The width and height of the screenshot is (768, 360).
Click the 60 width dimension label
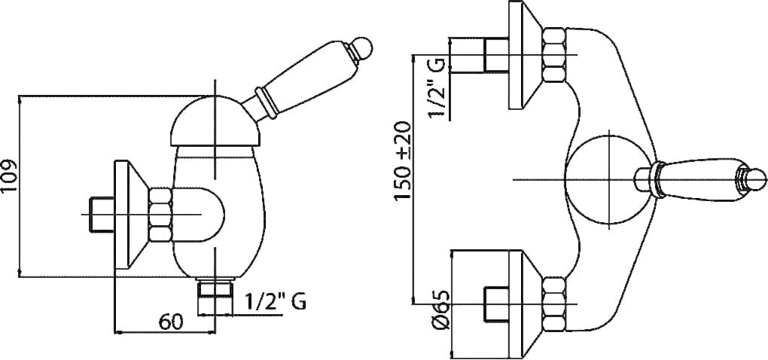[x=171, y=322]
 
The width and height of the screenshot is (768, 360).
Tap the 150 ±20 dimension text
[x=403, y=160]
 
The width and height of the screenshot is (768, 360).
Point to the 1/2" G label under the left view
[x=275, y=301]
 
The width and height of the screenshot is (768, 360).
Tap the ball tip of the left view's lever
[x=362, y=48]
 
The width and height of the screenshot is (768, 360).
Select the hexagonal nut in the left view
[x=160, y=215]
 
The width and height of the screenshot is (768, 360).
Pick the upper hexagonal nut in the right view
[x=554, y=54]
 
